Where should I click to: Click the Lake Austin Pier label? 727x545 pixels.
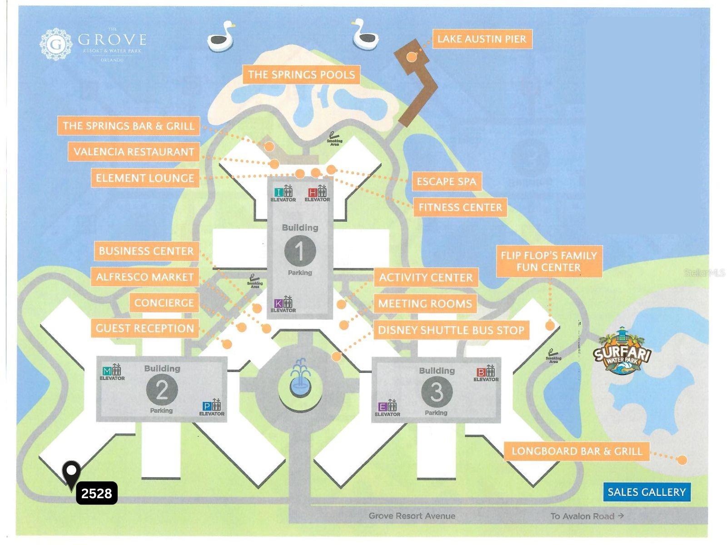coord(482,39)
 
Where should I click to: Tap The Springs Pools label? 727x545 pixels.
coord(301,74)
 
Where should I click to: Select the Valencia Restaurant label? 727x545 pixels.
coord(134,152)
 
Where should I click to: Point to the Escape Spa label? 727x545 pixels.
coord(447,182)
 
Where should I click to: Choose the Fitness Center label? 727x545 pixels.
coord(460,208)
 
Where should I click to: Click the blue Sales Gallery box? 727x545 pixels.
coord(647,492)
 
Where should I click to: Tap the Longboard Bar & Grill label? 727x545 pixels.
coord(577,451)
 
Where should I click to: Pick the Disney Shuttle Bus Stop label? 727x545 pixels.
coord(451,330)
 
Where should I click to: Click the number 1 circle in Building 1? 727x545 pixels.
coord(300,250)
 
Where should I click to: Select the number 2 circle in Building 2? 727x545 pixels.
coord(162,390)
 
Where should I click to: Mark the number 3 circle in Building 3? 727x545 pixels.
coord(437,391)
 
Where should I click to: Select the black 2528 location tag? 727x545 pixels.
coord(96,493)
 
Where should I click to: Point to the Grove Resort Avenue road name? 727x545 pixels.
coord(412,516)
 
